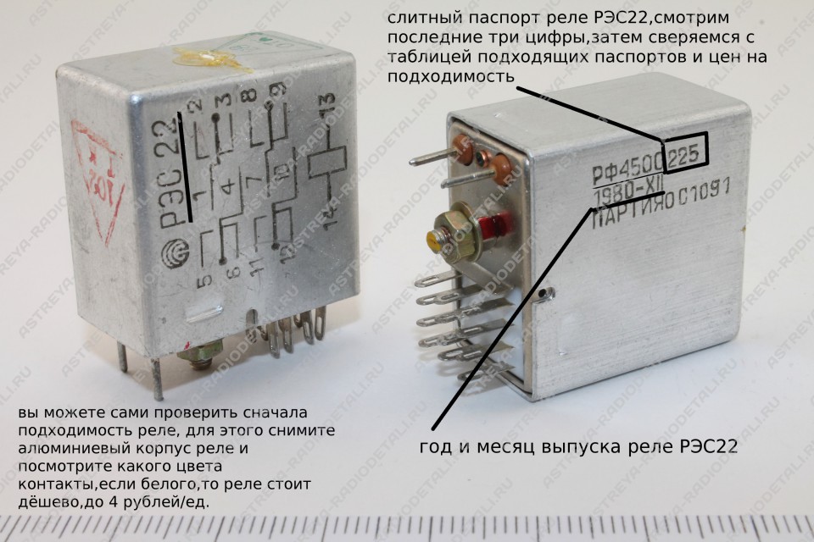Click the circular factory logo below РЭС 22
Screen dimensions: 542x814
click(x=178, y=253)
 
